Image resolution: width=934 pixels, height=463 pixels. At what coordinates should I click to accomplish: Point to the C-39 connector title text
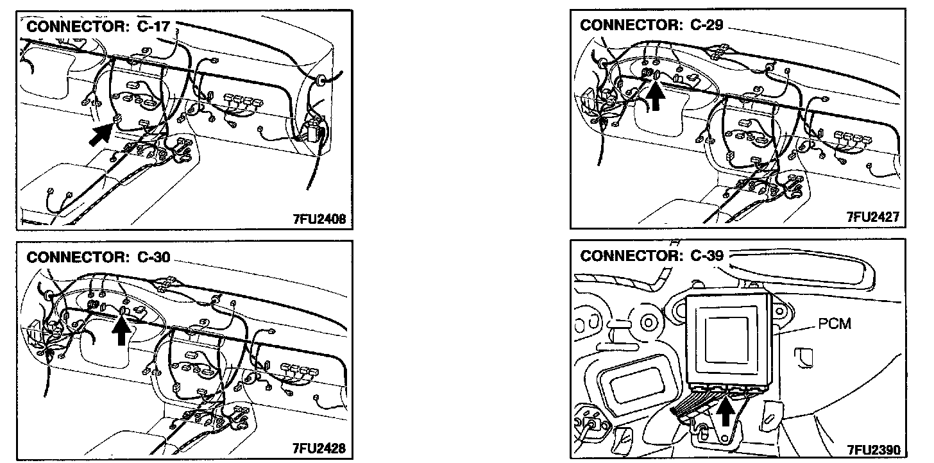(x=652, y=255)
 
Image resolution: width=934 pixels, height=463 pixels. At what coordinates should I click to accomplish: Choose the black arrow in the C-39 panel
(x=725, y=412)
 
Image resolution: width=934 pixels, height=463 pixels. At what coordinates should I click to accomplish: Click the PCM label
(x=834, y=323)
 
